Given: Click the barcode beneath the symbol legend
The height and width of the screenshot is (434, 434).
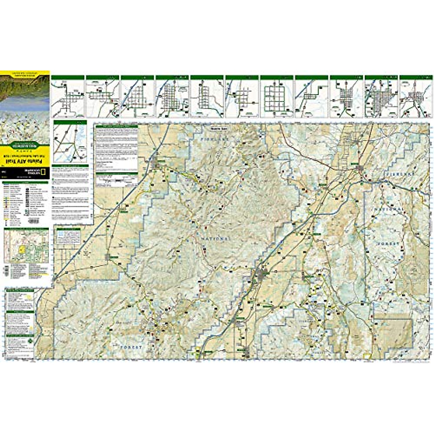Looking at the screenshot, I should tap(33, 221).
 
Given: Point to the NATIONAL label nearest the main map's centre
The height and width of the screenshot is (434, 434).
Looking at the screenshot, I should tap(215, 239).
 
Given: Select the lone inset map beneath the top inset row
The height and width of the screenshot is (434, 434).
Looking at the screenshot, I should tap(70, 141).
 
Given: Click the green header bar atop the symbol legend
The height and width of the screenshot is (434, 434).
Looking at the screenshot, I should tap(25, 183).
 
